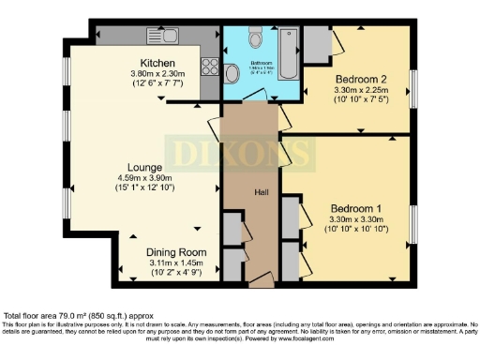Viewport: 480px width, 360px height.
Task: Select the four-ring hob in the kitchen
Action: click(x=209, y=73)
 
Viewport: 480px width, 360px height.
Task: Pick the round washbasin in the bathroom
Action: click(x=234, y=73)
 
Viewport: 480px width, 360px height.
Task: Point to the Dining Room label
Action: click(x=174, y=252)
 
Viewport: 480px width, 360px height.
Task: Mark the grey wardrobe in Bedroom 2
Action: click(x=316, y=42)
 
